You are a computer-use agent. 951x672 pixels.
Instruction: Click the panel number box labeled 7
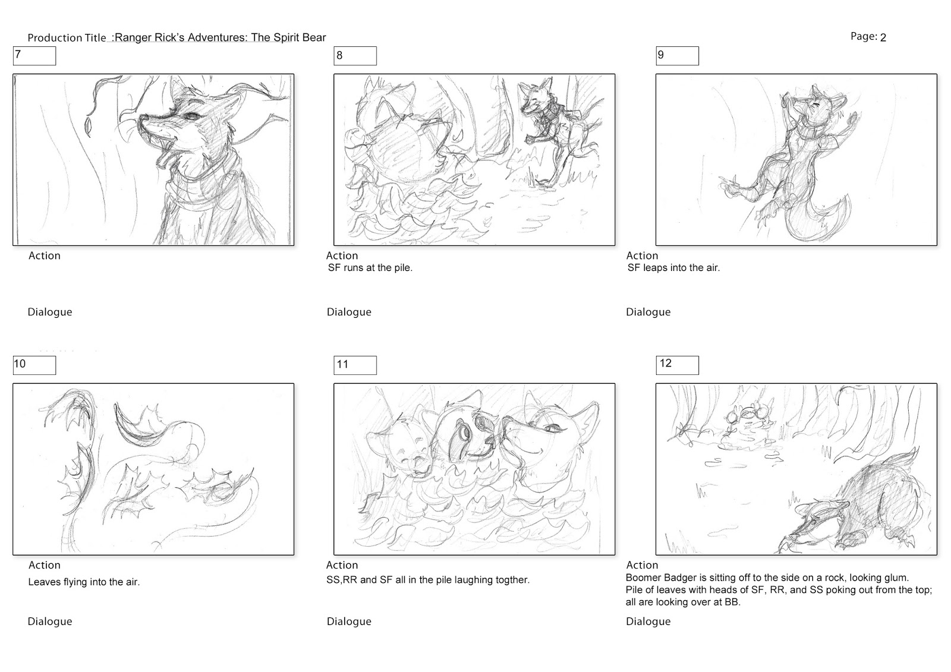[34, 56]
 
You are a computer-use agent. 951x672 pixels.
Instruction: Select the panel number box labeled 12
[677, 365]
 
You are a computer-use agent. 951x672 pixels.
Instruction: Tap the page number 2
[883, 38]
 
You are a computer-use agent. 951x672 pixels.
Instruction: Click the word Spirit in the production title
[288, 38]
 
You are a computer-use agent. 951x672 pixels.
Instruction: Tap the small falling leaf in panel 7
[89, 127]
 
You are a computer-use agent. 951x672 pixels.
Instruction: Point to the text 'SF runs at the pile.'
[370, 268]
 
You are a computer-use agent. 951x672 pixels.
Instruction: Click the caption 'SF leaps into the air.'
[674, 268]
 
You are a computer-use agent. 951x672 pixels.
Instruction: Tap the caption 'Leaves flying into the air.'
[84, 582]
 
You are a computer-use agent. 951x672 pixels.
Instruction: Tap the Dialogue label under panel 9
[648, 313]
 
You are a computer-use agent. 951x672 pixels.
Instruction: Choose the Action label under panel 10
[45, 565]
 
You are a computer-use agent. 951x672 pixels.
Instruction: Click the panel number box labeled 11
[355, 365]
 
